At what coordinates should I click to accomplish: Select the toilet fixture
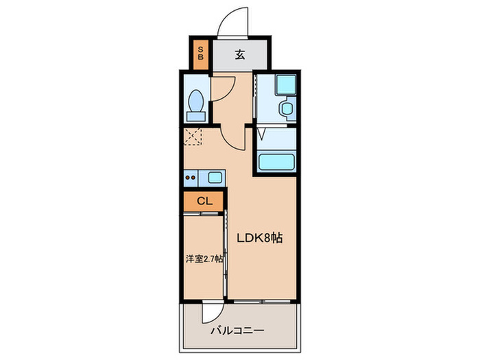click(197, 104)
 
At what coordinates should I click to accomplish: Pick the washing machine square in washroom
click(284, 86)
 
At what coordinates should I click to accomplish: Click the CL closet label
click(204, 201)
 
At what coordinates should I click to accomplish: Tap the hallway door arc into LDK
click(235, 141)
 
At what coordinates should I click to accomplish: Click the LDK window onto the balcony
click(264, 300)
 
